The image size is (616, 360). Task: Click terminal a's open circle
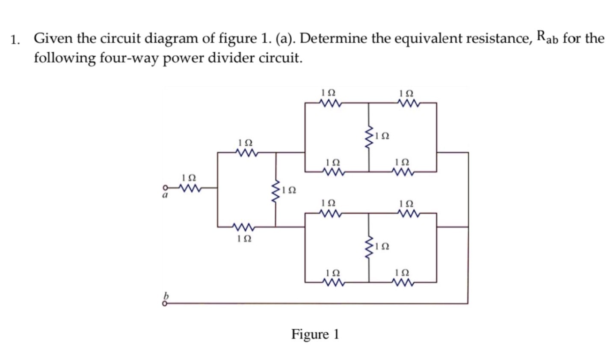coord(164,187)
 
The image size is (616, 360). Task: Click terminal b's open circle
coord(164,304)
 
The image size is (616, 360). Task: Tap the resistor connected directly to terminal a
coord(189,188)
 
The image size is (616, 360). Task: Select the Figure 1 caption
coord(315,334)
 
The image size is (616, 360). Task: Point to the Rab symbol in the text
coord(547,38)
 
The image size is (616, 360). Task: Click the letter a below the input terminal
coord(164,195)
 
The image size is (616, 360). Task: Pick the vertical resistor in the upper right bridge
coord(369,137)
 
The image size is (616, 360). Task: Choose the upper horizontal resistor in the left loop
coord(246,152)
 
